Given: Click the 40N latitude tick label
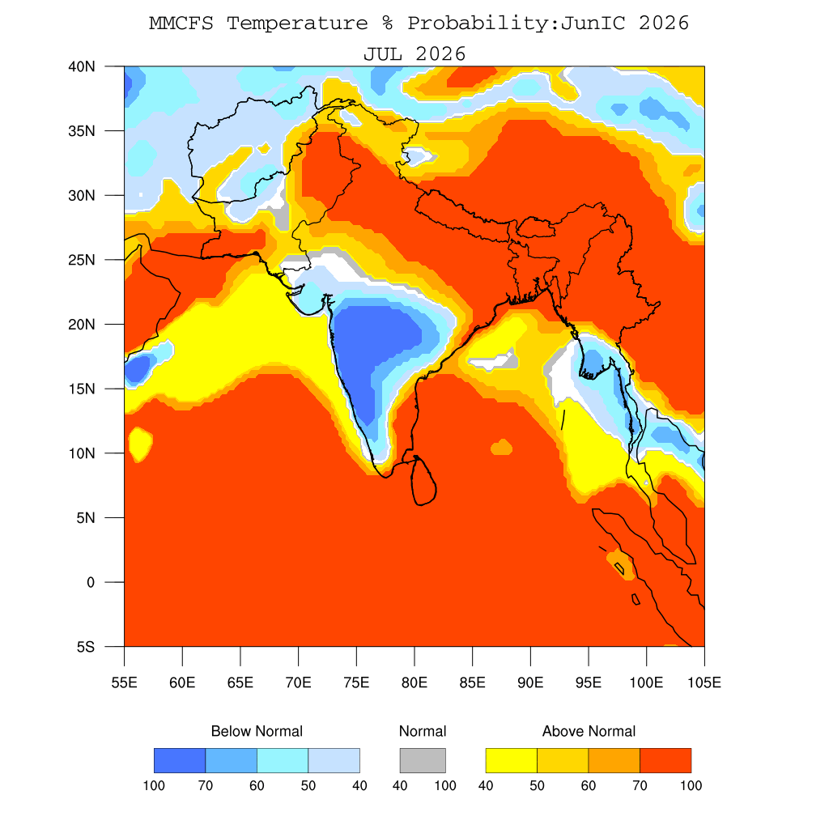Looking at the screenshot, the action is coord(82,66).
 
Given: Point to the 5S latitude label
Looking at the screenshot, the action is coord(86,647).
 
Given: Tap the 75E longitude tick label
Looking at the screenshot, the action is coord(356,682).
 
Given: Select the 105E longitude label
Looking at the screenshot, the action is coord(704,682).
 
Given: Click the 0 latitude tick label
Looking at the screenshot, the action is coord(91,583).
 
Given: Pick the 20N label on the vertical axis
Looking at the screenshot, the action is coord(82,325).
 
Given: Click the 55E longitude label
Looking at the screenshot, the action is coord(124,682).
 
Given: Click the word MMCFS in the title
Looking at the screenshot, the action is coord(181,23).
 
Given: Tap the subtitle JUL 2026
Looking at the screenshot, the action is coord(414,54).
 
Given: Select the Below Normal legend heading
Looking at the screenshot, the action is coord(257,731).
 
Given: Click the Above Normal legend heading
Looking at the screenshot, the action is coord(589,731).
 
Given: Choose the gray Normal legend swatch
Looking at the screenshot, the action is coord(423,760).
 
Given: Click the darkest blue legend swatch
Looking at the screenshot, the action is coord(180,760).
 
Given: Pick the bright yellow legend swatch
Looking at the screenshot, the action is coord(512,760).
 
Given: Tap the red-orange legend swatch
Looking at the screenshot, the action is coord(665,760).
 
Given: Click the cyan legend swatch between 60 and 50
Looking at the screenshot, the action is coord(283,760).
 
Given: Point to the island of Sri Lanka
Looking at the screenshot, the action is coord(423,481).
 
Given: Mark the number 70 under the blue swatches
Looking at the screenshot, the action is coord(206,785).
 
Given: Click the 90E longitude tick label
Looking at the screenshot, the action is coord(530,682).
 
